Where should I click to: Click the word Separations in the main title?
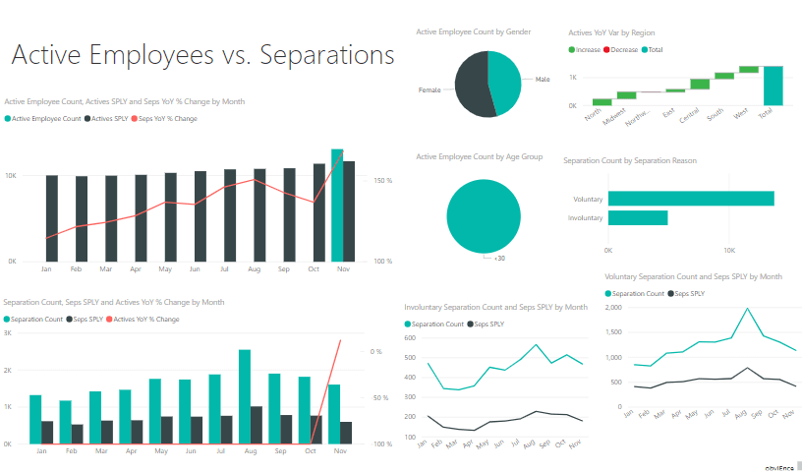click(x=324, y=55)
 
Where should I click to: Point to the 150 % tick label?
click(x=382, y=180)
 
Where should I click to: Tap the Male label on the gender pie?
click(x=543, y=79)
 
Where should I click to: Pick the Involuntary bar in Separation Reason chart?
click(x=638, y=217)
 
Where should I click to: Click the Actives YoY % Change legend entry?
click(x=146, y=319)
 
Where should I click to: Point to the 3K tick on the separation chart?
click(x=8, y=333)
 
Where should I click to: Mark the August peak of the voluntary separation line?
click(x=748, y=309)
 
